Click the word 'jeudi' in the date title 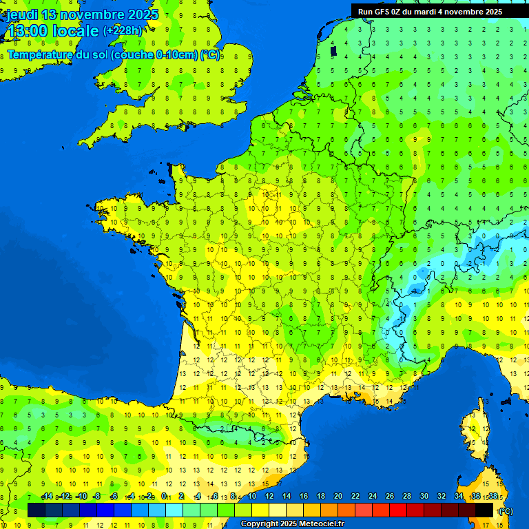pos(22,14)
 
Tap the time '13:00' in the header pos(27,31)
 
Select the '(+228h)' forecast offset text pos(123,30)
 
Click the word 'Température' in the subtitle pos(40,54)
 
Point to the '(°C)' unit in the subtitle pos(210,54)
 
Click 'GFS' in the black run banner pos(383,12)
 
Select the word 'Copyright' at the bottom pos(261,524)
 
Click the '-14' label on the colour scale pos(47,497)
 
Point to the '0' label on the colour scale pos(164,497)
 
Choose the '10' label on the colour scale pos(251,497)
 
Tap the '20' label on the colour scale pos(338,497)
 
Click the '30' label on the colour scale pos(424,497)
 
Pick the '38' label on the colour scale pos(492,497)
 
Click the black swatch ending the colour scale pos(484,510)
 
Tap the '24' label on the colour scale pos(373,497)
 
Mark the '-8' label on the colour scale pos(98,497)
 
